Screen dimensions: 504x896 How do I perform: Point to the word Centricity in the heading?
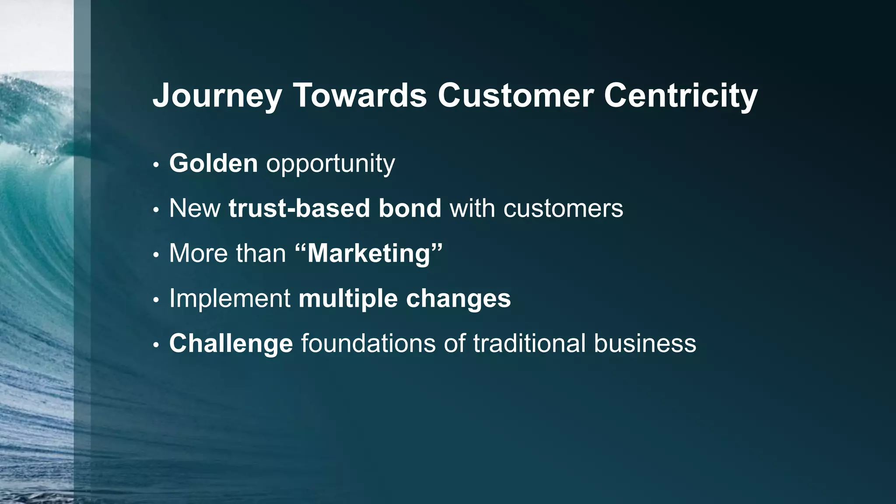point(680,96)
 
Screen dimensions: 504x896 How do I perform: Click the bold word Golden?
point(213,163)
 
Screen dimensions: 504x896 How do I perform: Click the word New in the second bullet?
point(195,208)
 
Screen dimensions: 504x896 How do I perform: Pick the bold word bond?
point(410,208)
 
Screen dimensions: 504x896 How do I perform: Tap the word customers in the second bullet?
point(563,209)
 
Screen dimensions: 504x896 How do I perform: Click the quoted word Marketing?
point(369,253)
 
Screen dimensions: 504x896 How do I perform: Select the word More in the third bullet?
point(197,253)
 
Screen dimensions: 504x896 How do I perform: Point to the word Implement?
point(230,299)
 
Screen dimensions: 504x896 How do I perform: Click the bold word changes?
point(458,299)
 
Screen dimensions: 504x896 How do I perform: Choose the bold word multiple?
point(348,299)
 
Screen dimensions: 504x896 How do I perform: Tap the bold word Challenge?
point(231,343)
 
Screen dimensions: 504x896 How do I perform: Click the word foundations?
point(368,343)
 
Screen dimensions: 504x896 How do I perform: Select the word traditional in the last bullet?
point(529,343)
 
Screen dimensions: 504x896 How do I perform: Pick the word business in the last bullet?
point(645,343)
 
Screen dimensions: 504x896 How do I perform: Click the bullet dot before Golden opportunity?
point(156,166)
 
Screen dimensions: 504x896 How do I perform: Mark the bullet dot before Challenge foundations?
point(156,346)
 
